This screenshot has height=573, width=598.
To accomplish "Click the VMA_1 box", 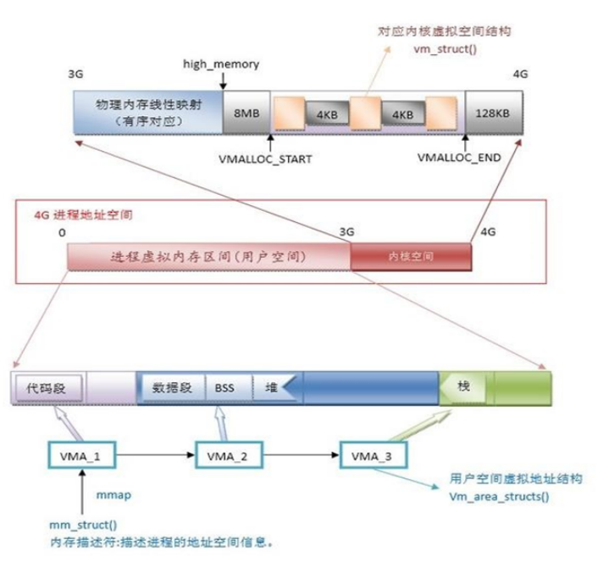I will [82, 455].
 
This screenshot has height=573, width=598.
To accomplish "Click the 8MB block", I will [246, 113].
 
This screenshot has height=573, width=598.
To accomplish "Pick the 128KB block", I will [493, 113].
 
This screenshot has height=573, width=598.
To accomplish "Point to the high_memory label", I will [221, 64].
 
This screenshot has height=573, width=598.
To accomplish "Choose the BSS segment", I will [224, 388].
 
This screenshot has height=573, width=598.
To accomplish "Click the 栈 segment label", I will [463, 387].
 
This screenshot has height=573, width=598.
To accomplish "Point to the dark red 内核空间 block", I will [410, 255].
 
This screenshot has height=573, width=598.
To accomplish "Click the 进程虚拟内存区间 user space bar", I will [208, 255].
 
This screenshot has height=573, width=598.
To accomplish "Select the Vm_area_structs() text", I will [499, 495].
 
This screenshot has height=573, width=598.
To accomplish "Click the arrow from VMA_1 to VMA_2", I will [158, 455].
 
